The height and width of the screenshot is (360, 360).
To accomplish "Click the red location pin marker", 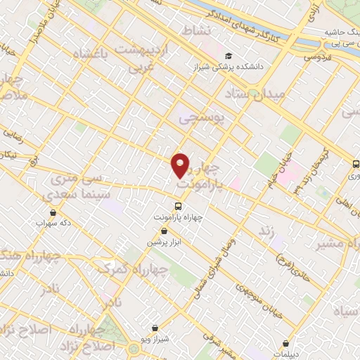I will (181, 165).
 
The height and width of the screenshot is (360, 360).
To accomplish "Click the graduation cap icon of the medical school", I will (229, 56).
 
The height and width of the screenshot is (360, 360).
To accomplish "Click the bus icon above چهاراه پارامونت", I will (179, 207).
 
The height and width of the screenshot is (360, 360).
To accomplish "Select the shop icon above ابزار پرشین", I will (164, 231).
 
